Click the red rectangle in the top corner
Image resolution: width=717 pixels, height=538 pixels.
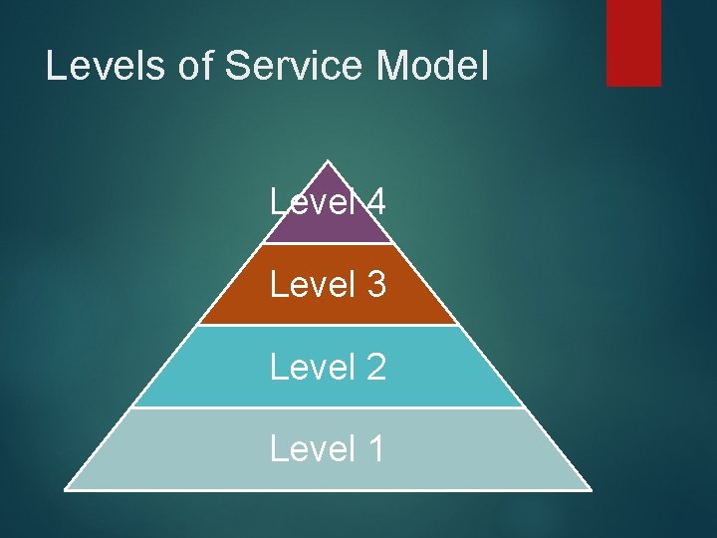633,42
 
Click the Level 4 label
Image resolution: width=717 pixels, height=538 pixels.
328,203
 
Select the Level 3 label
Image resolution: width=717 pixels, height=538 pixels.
328,285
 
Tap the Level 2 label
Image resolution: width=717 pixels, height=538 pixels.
328,367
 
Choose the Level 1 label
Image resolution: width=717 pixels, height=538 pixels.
328,448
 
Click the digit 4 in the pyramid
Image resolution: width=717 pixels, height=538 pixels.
375,203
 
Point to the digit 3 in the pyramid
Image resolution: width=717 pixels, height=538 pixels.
375,285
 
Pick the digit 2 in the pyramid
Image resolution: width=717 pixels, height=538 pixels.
375,367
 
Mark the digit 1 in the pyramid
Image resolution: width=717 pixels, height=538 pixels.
375,448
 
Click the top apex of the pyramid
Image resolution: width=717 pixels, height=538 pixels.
328,162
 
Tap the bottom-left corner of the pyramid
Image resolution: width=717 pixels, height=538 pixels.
66,488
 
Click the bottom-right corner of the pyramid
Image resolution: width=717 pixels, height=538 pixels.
590,488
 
